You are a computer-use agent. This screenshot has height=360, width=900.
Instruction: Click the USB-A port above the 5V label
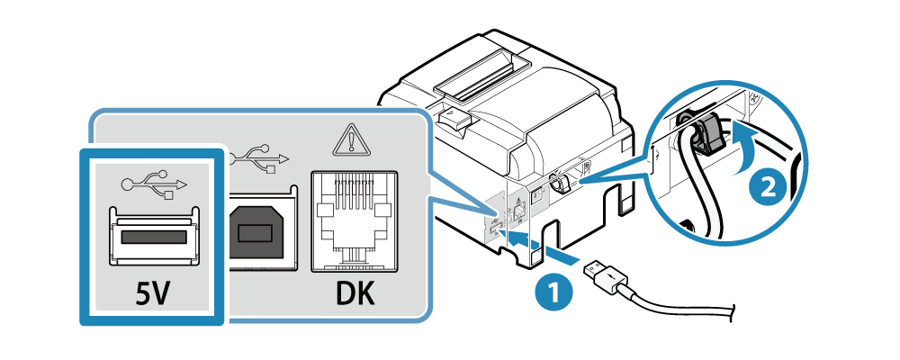pos(153,237)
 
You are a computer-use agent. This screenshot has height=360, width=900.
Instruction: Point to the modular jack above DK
pos(354,221)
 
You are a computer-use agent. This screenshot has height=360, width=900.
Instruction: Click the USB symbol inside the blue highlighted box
pos(154,184)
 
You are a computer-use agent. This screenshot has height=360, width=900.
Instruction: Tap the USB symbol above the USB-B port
pos(259,159)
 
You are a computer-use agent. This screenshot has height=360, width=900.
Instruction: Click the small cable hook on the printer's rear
pos(560,184)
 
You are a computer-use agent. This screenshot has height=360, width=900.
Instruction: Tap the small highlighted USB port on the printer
pos(494,228)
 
